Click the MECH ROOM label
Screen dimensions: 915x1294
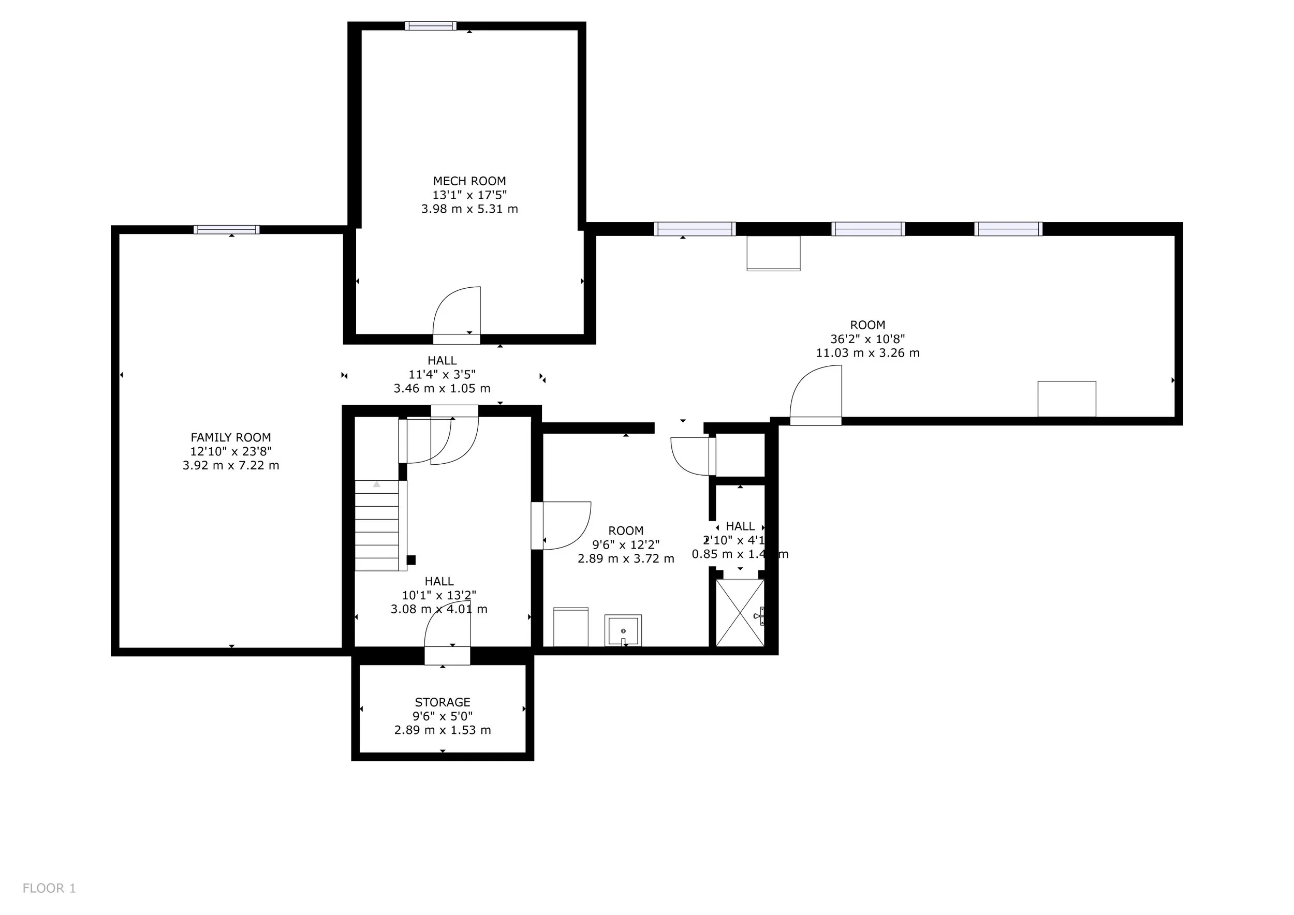[469, 181]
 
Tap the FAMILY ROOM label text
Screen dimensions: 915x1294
[230, 437]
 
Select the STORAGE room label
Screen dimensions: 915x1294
[443, 702]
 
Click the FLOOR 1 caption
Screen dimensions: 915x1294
[49, 888]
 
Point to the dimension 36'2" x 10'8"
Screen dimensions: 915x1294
[867, 338]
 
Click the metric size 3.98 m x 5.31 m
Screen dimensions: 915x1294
[469, 209]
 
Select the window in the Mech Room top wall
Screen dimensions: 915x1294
[431, 25]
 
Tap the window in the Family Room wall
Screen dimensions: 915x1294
[227, 229]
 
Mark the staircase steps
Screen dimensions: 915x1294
[376, 525]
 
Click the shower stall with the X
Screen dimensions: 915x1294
[740, 612]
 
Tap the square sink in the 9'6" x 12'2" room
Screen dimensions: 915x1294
[623, 630]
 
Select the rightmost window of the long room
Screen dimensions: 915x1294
[1008, 229]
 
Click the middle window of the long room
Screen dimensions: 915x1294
[868, 229]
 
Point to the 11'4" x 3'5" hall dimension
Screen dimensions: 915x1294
[442, 374]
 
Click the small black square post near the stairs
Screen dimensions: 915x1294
[411, 560]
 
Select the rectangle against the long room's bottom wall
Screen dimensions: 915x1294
[1066, 399]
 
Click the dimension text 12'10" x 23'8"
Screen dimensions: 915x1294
[230, 451]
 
